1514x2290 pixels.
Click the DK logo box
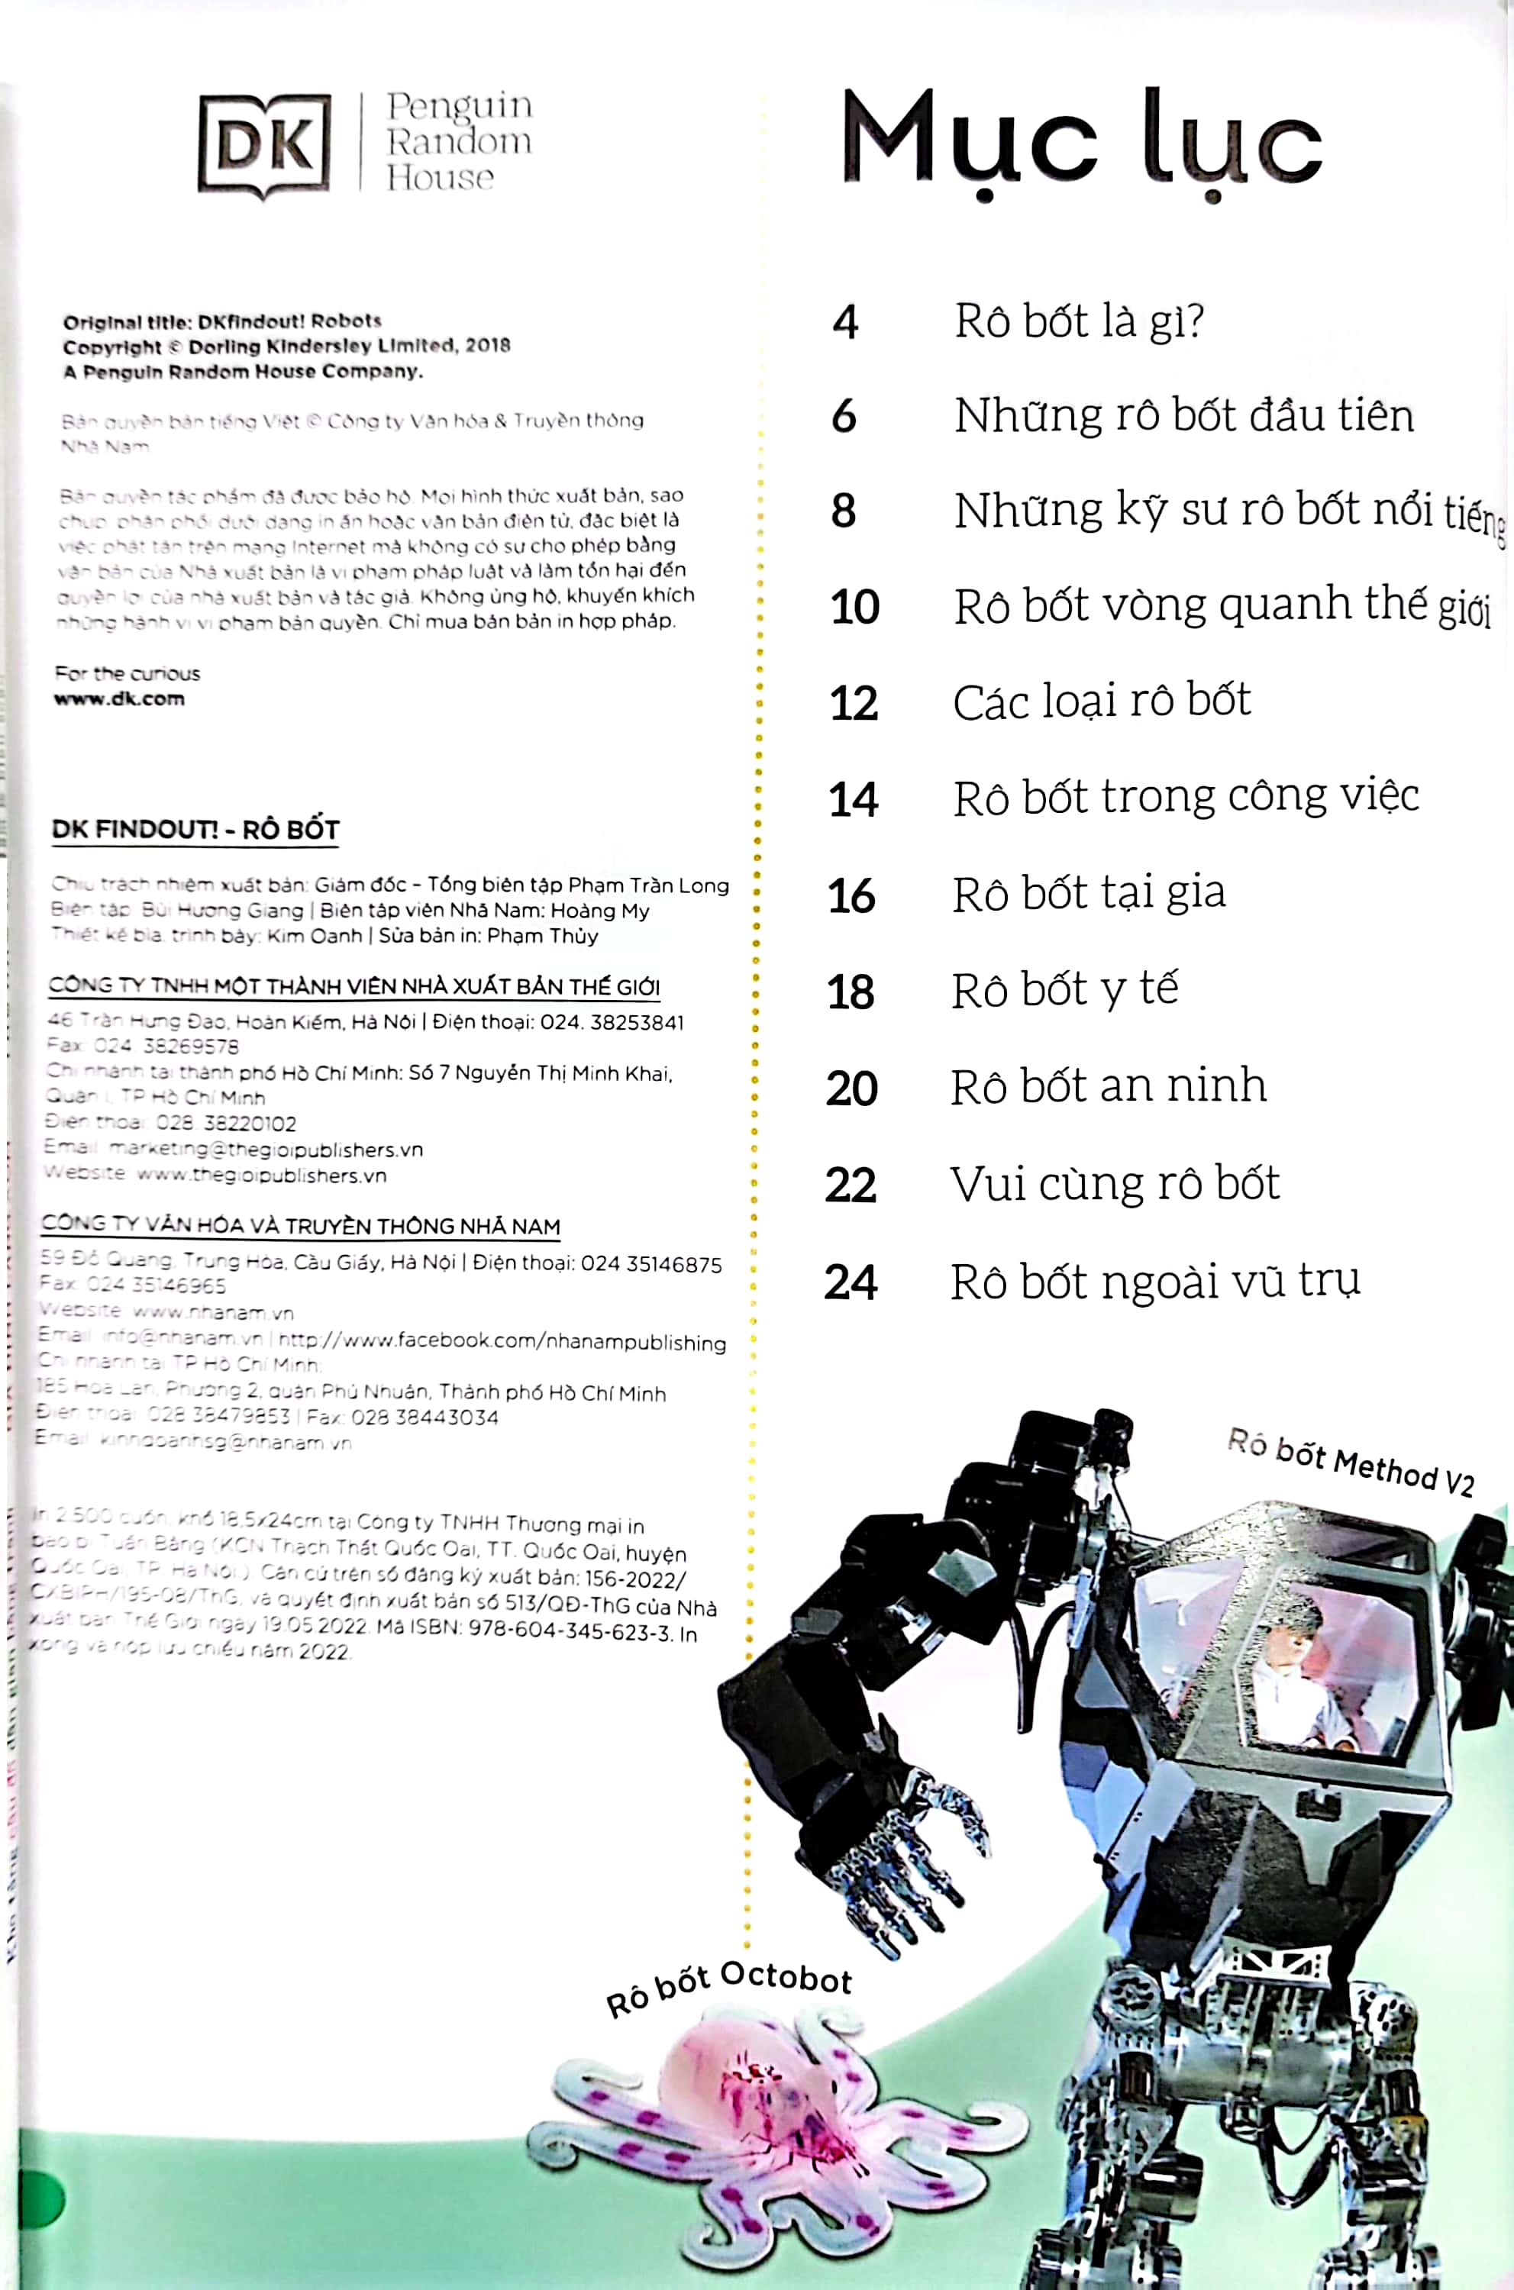point(263,146)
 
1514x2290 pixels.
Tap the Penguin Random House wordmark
point(459,142)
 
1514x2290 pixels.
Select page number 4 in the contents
point(845,322)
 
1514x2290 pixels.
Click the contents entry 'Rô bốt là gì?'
point(1079,321)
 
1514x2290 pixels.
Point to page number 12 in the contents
point(854,703)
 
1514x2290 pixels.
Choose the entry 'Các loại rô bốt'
point(1102,702)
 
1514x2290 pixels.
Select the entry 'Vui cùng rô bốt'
point(1114,1185)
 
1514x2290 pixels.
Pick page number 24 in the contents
point(851,1283)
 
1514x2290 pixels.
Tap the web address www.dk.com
point(119,699)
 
